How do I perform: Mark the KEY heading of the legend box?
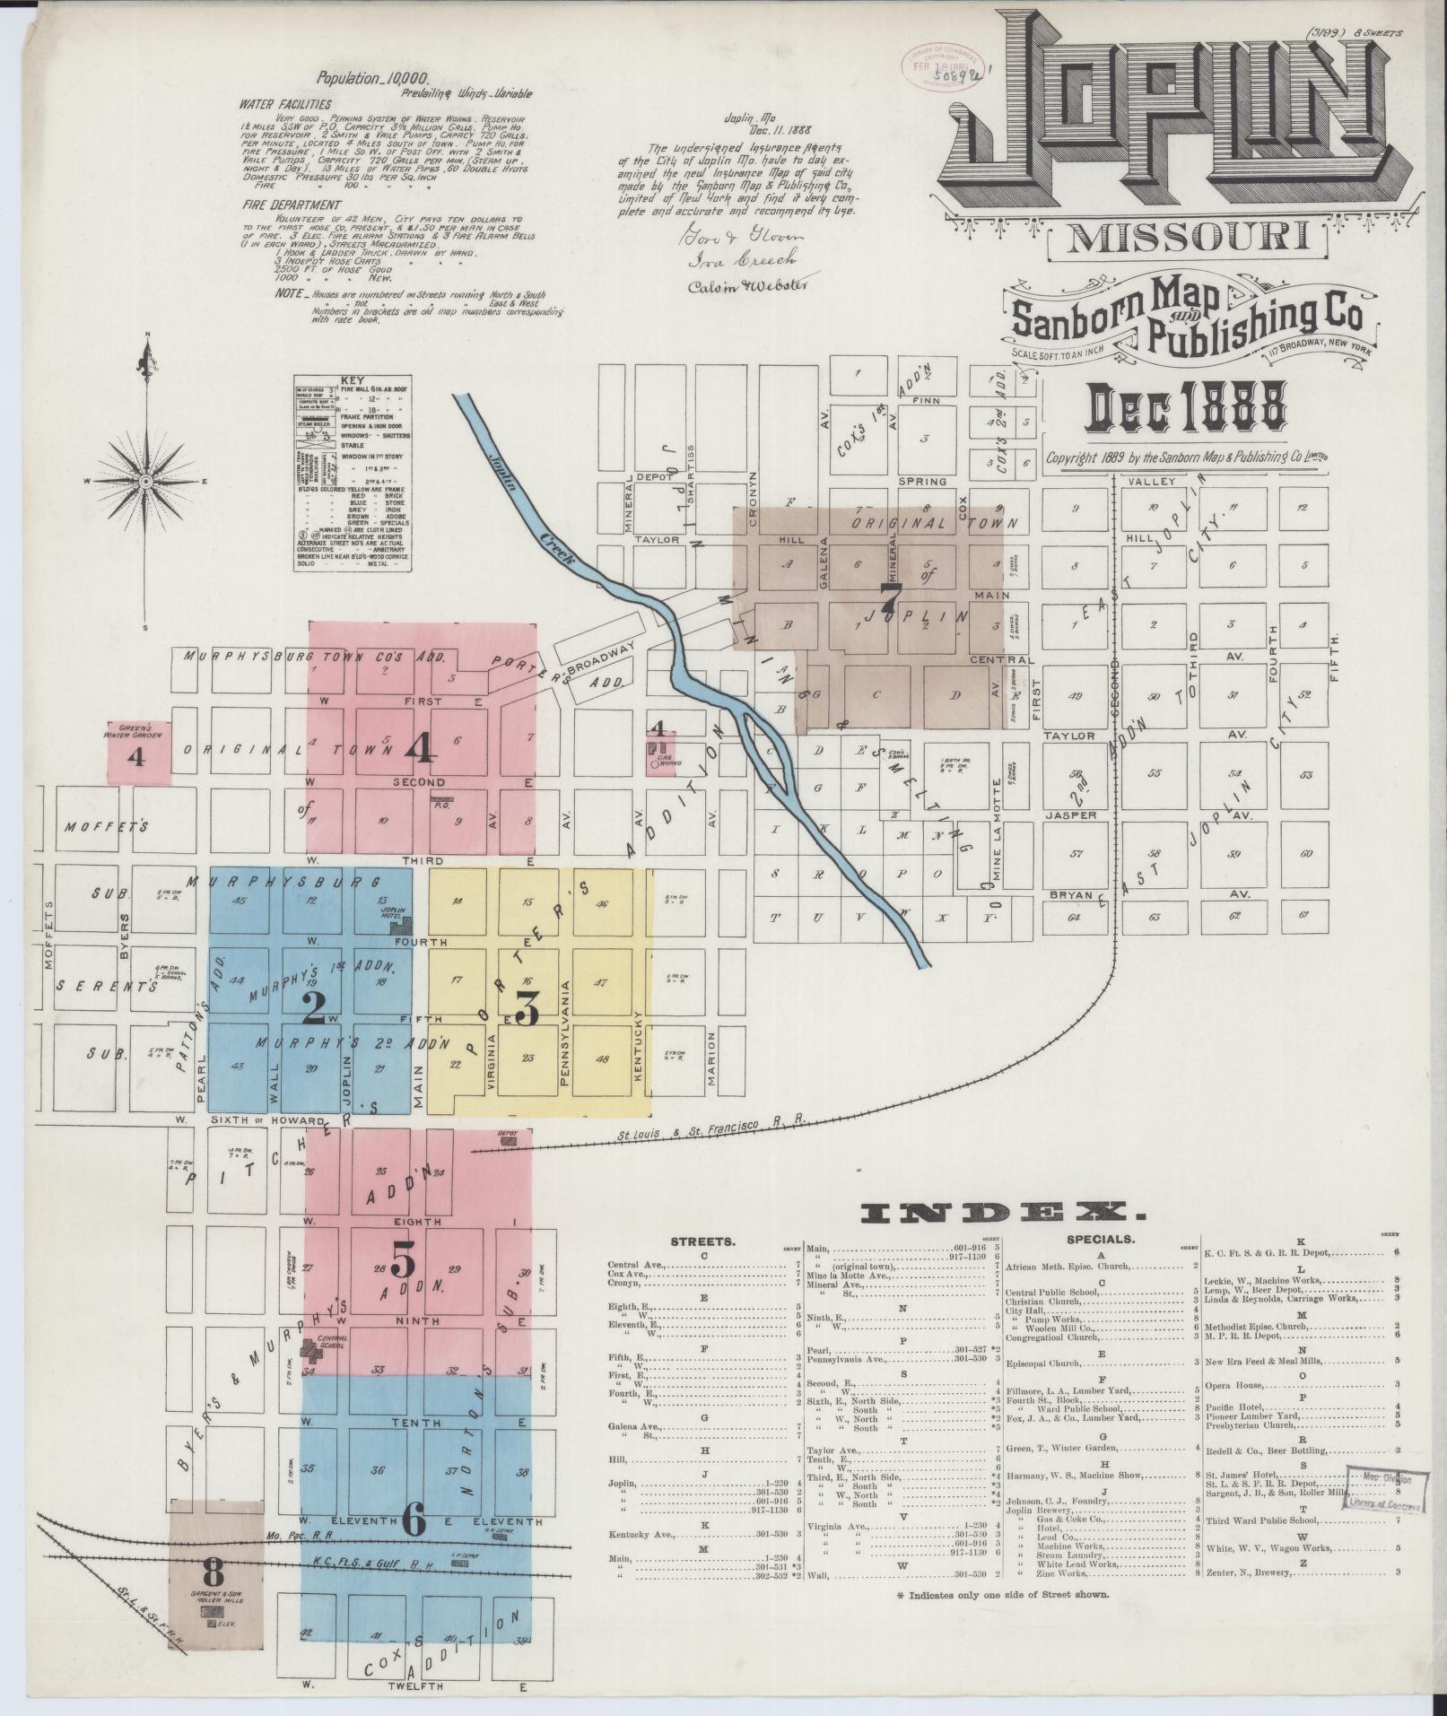353,379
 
